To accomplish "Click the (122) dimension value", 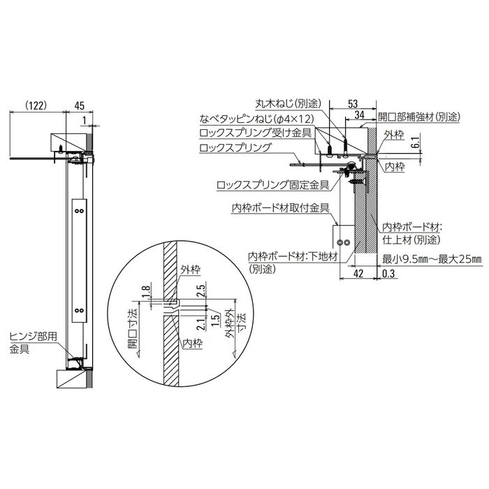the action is (36, 105).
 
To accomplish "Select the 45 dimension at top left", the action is (80, 105).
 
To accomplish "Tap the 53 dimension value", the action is (353, 103).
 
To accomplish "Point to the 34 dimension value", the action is (360, 115).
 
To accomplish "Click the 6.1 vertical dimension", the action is (417, 142).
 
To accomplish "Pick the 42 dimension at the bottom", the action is (358, 274).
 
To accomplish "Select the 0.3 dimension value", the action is (388, 274).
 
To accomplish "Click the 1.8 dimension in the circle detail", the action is (147, 293).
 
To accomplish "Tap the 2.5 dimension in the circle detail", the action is (201, 291).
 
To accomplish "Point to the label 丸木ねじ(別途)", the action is (288, 103).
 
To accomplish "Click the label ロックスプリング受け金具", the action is (256, 133).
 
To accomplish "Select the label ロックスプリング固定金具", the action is (273, 185).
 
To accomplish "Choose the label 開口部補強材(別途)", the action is (419, 117).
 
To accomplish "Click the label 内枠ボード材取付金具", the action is (280, 207).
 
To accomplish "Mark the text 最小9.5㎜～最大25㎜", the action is (432, 259).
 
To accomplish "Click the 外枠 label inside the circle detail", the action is (190, 270).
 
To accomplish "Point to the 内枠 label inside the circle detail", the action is (192, 344).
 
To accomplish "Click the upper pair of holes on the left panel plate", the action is (79, 211).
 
